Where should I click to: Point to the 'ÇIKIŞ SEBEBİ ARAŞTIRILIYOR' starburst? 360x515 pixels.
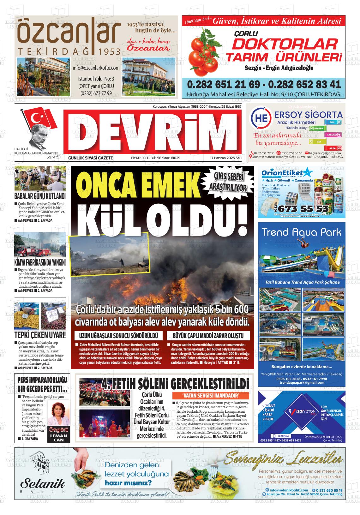click(228, 183)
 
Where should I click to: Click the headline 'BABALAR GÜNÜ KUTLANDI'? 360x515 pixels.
click(40, 196)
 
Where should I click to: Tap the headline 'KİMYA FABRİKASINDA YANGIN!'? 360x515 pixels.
click(40, 262)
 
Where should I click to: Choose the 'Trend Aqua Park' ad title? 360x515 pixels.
click(301, 233)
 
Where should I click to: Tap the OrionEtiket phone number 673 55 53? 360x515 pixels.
click(304, 209)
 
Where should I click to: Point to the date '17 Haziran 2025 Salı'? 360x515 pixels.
click(225, 158)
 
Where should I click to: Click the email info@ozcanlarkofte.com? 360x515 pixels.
click(96, 68)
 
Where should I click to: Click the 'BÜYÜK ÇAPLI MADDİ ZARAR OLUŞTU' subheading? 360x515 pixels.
click(208, 335)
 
